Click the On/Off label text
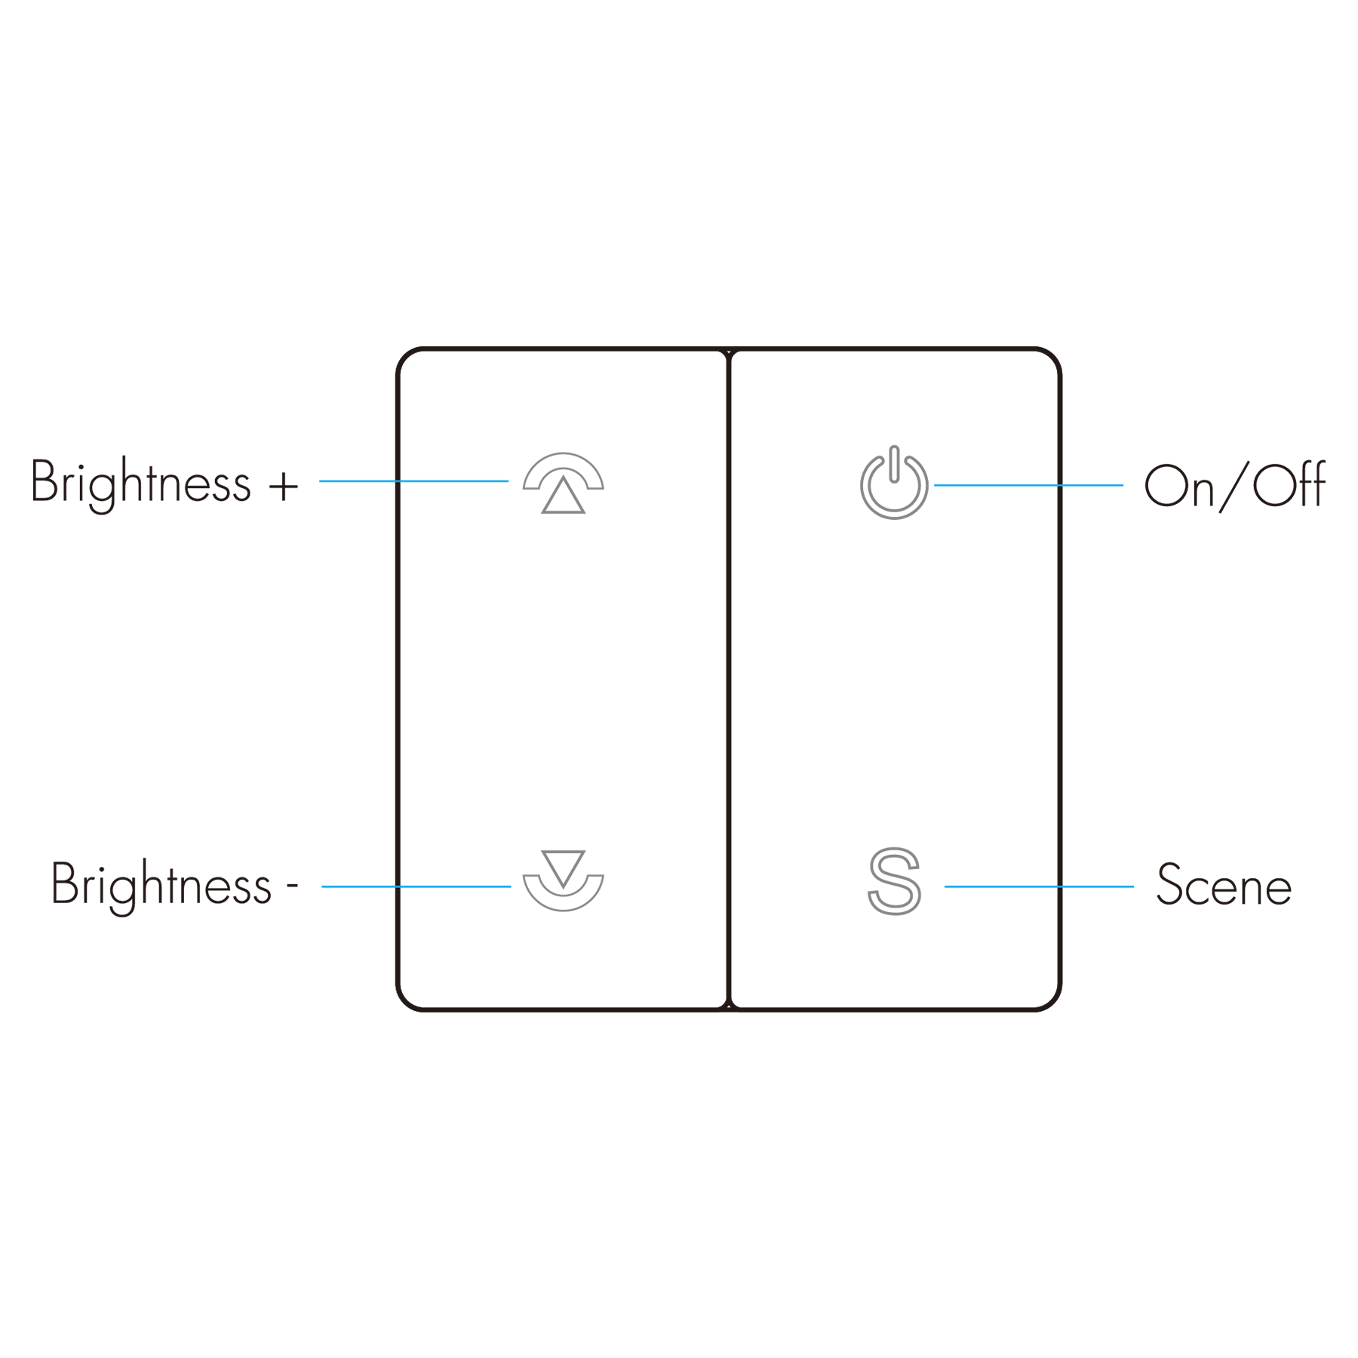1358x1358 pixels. [x=1234, y=485]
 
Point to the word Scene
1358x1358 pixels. [x=1224, y=884]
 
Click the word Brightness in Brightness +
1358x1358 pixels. [x=140, y=484]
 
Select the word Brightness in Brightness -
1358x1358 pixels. [x=161, y=886]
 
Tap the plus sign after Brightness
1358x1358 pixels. [x=284, y=487]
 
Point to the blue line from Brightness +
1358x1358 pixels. [x=413, y=481]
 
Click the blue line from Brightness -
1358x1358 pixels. [x=416, y=886]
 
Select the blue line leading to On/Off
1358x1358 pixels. [x=1028, y=485]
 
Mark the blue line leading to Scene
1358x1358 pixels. [x=1039, y=886]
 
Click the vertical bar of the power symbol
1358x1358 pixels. [x=894, y=463]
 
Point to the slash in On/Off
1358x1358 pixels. [x=1234, y=487]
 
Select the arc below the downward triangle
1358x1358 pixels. [x=563, y=906]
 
